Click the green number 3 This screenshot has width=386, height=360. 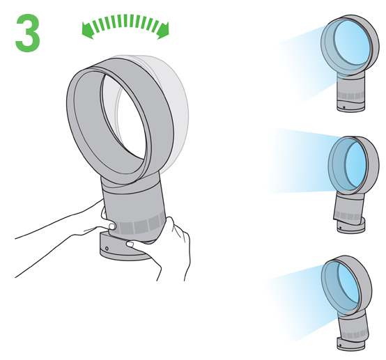[28, 33]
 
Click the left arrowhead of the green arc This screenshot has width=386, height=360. [87, 30]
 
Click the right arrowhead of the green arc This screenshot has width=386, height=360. [164, 31]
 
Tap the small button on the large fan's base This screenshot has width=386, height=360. [107, 248]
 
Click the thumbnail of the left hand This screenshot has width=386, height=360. [111, 226]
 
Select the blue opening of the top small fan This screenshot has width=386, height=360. [352, 42]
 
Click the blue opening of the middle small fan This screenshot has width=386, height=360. [356, 164]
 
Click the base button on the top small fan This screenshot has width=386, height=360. [344, 107]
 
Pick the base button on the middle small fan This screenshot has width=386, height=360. [340, 228]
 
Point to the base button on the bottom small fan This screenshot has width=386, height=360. [340, 345]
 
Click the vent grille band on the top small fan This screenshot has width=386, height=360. [350, 95]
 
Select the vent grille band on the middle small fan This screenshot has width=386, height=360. [348, 217]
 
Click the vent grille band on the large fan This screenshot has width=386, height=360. [140, 226]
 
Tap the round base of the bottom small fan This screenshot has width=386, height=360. [350, 344]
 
